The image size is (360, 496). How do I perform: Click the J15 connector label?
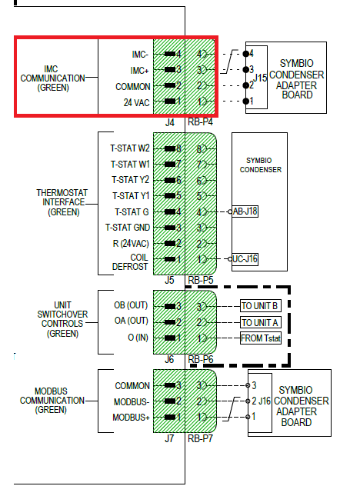click(x=261, y=78)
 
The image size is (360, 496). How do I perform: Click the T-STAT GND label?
click(x=128, y=227)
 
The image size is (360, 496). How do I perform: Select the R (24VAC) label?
click(x=129, y=243)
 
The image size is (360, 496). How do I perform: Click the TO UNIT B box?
click(x=261, y=306)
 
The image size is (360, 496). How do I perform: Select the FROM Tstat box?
click(x=261, y=338)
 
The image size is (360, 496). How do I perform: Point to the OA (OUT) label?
click(x=132, y=321)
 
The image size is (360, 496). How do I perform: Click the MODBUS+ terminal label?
click(x=131, y=417)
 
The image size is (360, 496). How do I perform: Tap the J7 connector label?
click(x=168, y=438)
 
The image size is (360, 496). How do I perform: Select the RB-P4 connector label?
click(x=200, y=122)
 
